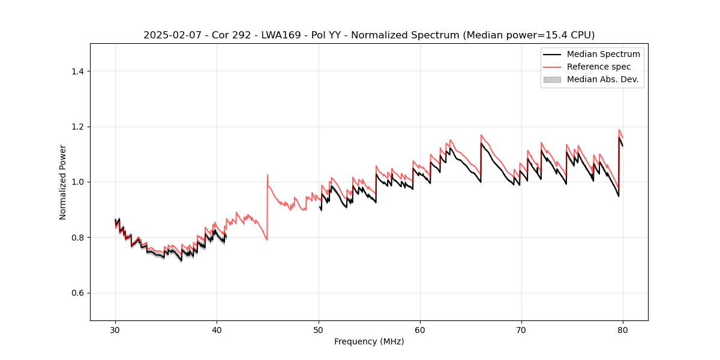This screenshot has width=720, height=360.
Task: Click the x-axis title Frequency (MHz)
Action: point(369,341)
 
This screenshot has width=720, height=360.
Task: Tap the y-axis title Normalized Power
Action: point(62,182)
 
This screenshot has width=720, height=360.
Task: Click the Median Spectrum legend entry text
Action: point(603,54)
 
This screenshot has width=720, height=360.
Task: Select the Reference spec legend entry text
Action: point(598,67)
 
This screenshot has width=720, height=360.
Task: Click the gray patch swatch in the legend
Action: point(552,79)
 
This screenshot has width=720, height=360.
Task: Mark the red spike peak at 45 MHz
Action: point(268,175)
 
